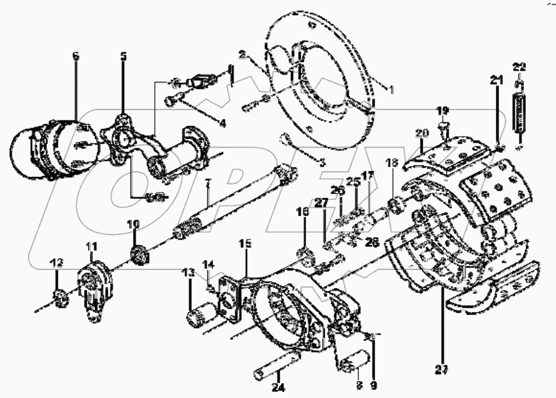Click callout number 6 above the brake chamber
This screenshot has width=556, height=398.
(x=76, y=56)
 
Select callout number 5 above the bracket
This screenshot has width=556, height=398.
(x=123, y=56)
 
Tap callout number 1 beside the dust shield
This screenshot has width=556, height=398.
(x=390, y=89)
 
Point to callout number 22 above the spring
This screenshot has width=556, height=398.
(x=520, y=66)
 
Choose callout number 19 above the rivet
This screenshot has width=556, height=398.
(x=444, y=110)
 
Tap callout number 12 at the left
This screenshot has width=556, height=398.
(x=57, y=263)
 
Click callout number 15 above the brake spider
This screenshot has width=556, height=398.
(x=245, y=245)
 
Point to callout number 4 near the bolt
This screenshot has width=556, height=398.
(x=222, y=123)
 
